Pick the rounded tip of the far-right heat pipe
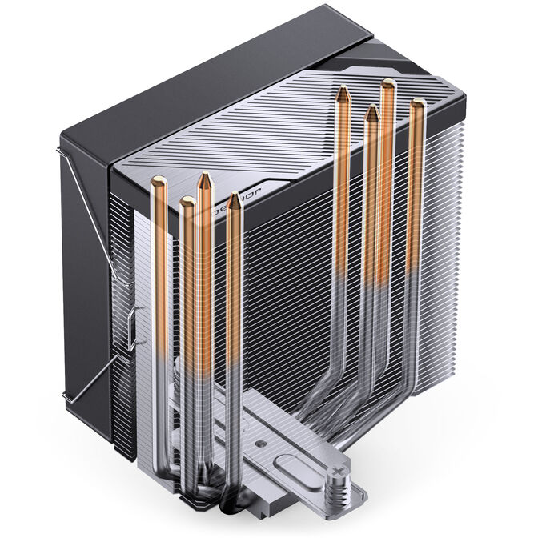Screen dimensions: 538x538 pyautogui.click(x=418, y=104)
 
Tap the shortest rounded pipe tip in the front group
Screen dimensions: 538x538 pyautogui.click(x=187, y=202)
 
